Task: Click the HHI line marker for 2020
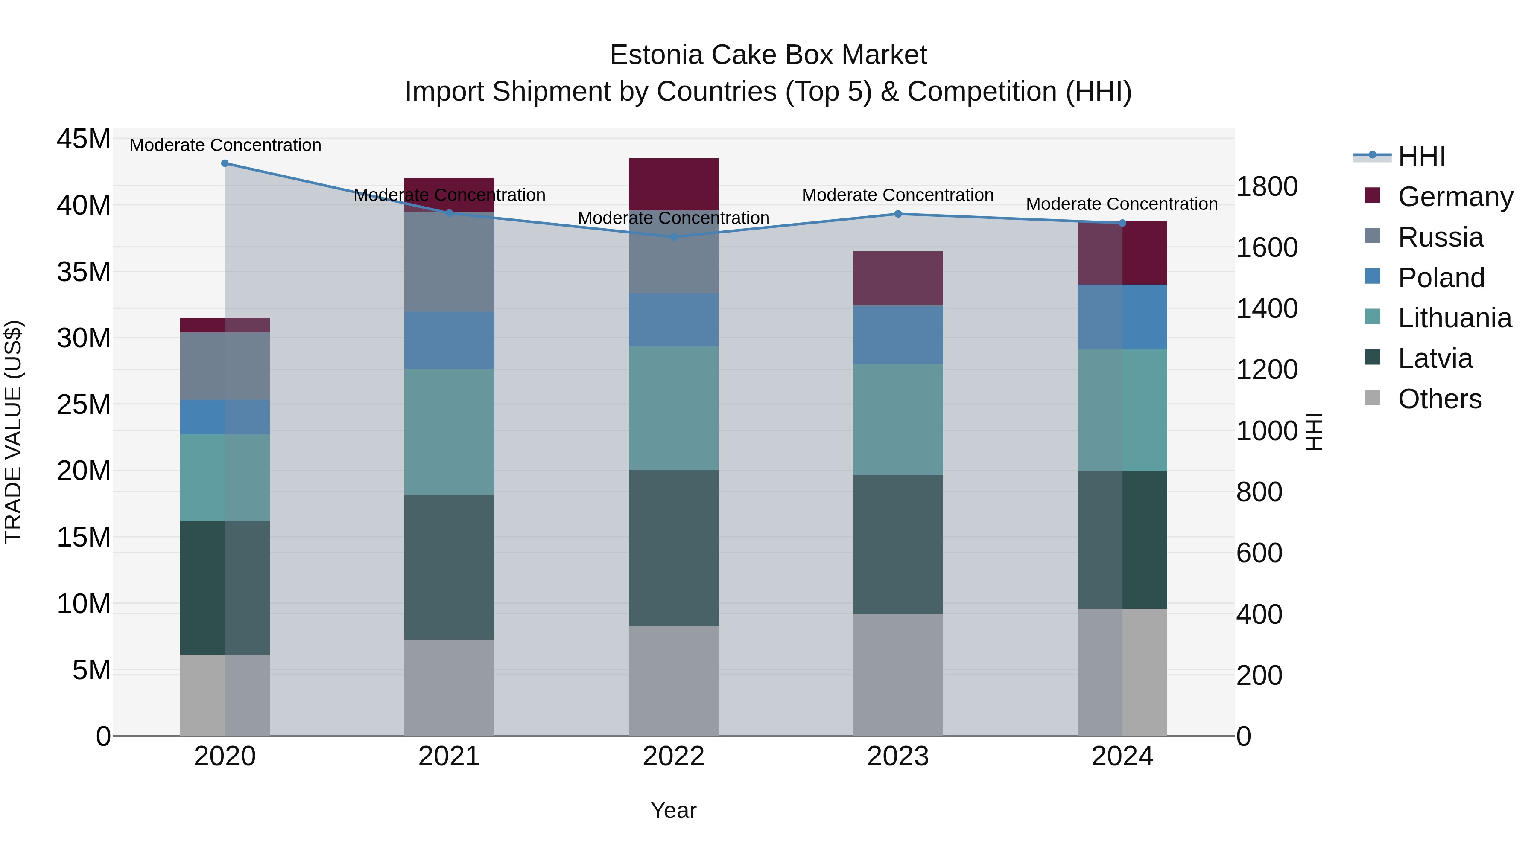225,163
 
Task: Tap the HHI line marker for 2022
674,237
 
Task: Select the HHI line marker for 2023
898,214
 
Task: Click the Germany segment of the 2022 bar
674,184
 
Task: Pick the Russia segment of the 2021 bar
449,262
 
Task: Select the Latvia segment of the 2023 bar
898,544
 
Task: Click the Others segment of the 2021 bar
449,687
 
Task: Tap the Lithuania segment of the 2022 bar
674,408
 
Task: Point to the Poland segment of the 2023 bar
898,335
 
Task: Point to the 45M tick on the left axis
84,139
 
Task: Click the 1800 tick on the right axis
1266,186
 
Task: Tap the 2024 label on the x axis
1122,756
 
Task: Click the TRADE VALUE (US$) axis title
13,432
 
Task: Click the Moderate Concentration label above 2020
225,145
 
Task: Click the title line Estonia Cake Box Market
768,55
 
